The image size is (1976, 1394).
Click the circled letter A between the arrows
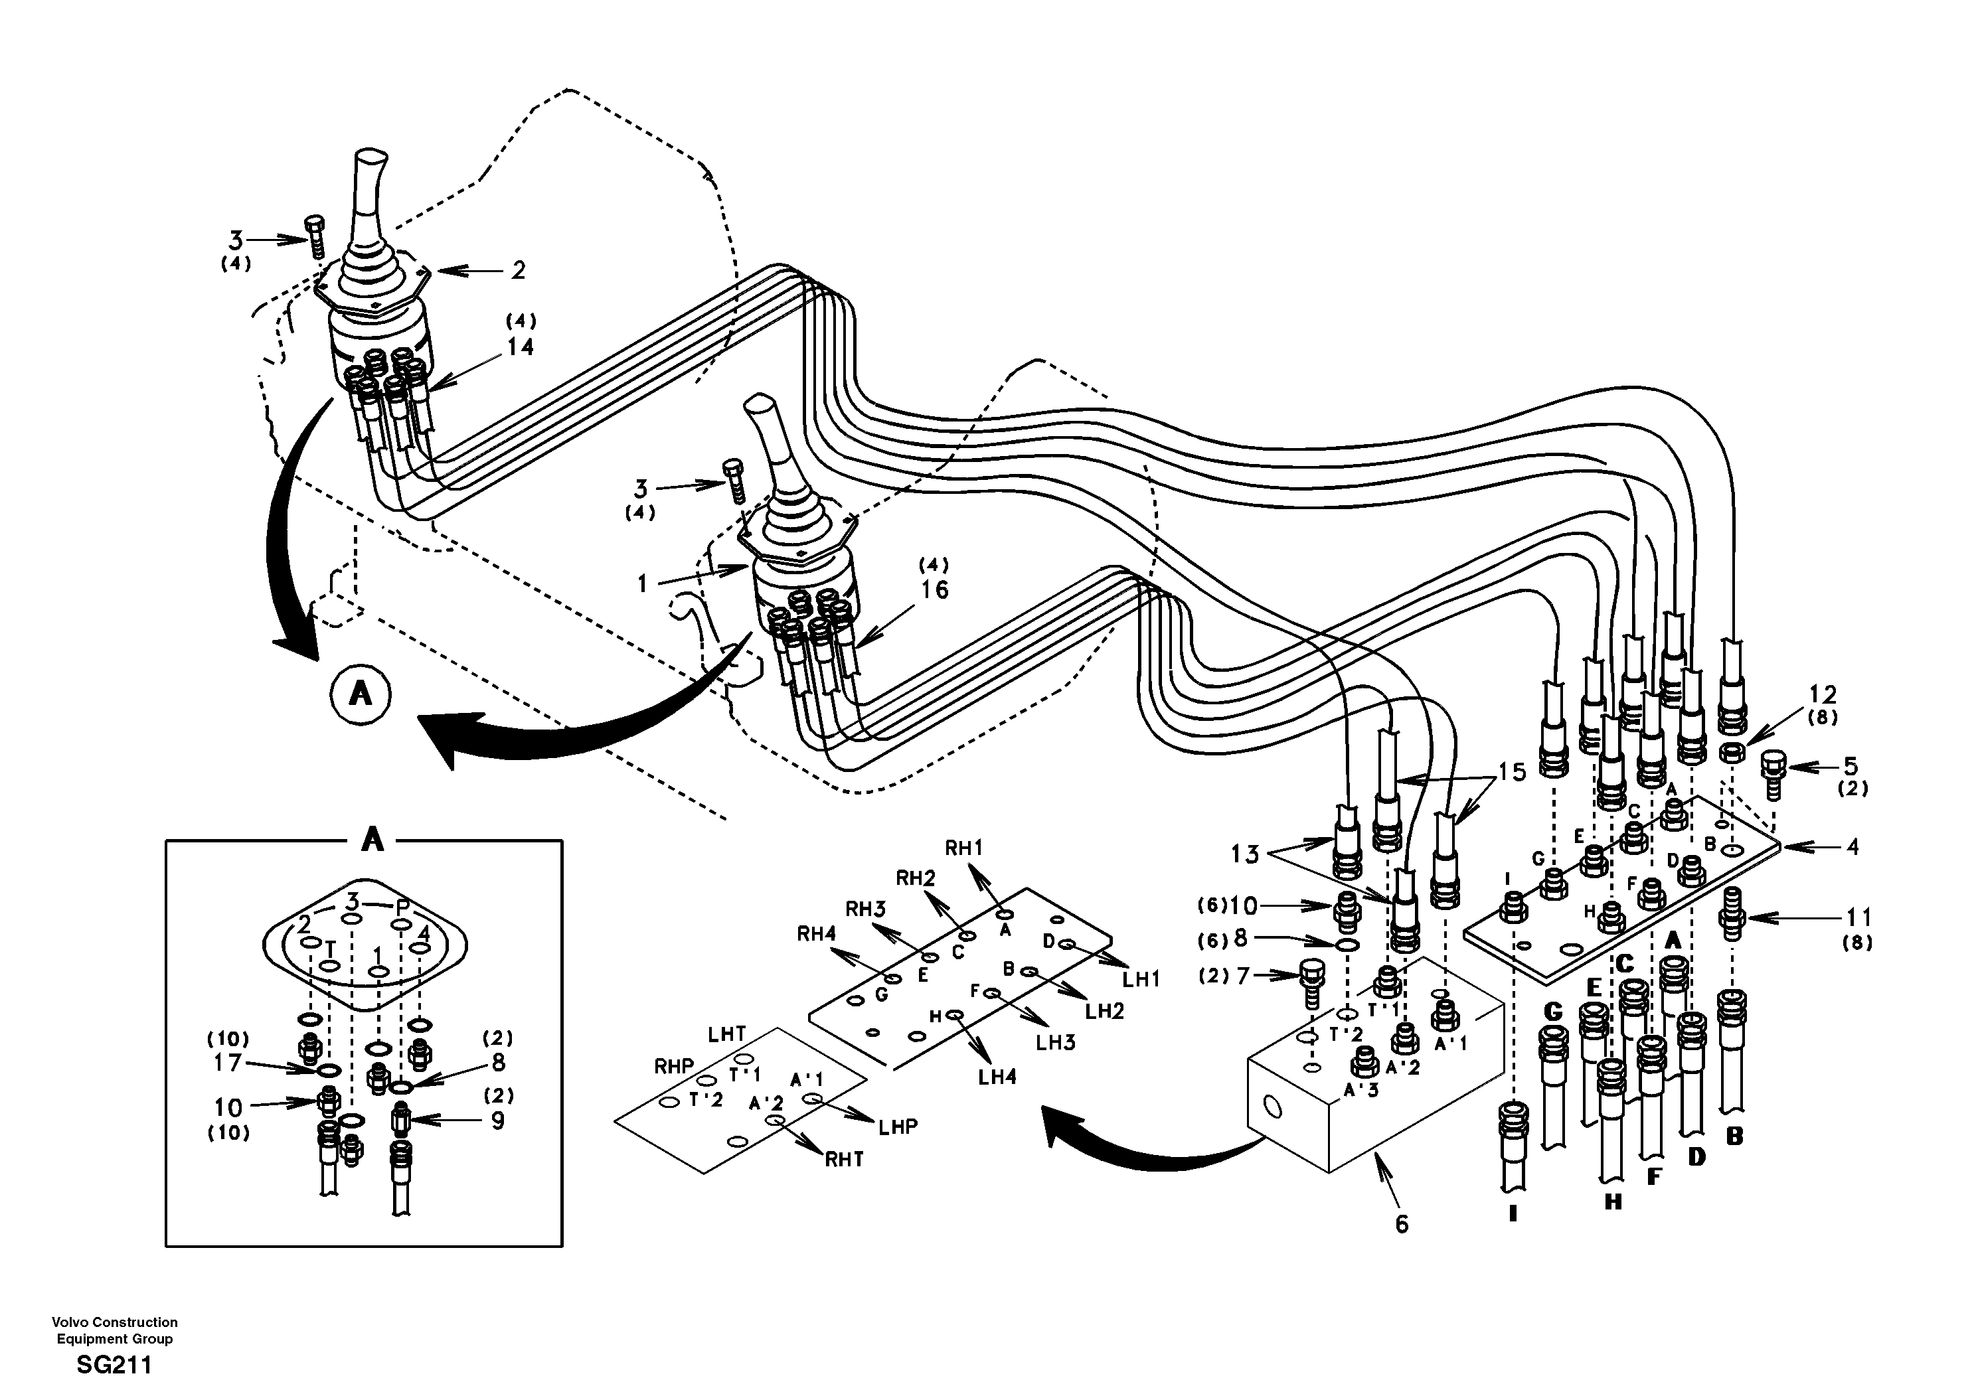[360, 694]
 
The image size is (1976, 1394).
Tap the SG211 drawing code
[114, 1365]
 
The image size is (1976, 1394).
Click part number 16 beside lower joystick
[935, 590]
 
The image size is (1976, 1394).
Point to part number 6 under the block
[1402, 1223]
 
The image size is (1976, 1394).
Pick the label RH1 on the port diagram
[964, 848]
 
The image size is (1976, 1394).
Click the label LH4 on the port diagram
[997, 1077]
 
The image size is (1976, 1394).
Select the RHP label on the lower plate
[674, 1067]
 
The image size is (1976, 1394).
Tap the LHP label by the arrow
[898, 1126]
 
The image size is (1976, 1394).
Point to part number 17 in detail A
[228, 1063]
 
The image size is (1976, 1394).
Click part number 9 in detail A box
[497, 1121]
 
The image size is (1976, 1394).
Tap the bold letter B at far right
[1735, 1136]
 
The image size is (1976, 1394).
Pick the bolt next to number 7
[1310, 982]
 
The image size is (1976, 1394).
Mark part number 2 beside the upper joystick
[517, 270]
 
